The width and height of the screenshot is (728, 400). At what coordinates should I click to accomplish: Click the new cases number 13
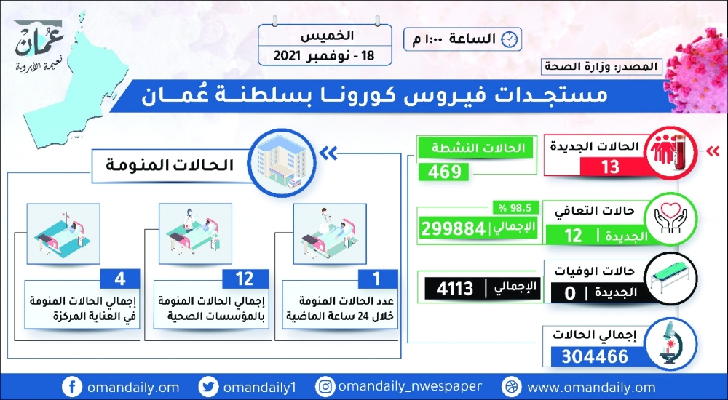coord(609,167)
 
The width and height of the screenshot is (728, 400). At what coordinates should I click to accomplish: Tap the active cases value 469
coord(444,172)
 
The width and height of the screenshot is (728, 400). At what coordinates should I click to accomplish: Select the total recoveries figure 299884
coord(453,229)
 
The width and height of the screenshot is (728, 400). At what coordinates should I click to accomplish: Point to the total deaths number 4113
coord(454,289)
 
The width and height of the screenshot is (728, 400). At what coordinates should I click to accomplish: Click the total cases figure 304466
coord(595,356)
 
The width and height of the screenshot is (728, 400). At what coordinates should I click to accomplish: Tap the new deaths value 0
coord(570,294)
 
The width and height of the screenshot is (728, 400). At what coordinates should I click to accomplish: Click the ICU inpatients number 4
coord(120,279)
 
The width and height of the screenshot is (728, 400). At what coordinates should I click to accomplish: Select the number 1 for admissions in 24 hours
coord(376,279)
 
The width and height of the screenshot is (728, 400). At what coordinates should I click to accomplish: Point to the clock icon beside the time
coord(510,39)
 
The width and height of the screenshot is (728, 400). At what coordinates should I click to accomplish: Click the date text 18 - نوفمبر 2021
coord(325,56)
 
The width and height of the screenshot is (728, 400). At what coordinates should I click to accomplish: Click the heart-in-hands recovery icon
coord(670,217)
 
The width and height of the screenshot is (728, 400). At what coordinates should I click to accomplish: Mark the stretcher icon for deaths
coord(670,277)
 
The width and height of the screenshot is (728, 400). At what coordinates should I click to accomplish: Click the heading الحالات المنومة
coord(170,165)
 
